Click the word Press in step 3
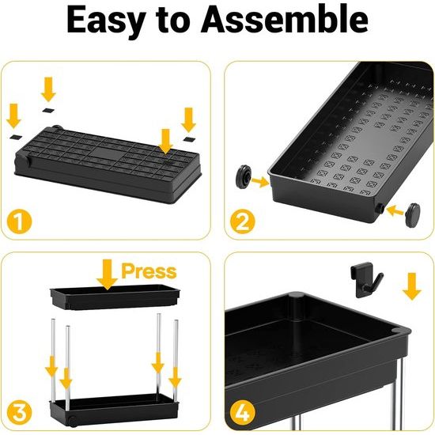pyautogui.click(x=148, y=271)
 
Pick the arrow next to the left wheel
pyautogui.click(x=260, y=182)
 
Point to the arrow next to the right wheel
pyautogui.click(x=388, y=210)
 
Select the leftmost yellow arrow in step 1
pyautogui.click(x=13, y=116)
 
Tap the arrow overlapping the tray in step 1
pyautogui.click(x=164, y=142)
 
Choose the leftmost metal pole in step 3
pyautogui.click(x=51, y=356)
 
